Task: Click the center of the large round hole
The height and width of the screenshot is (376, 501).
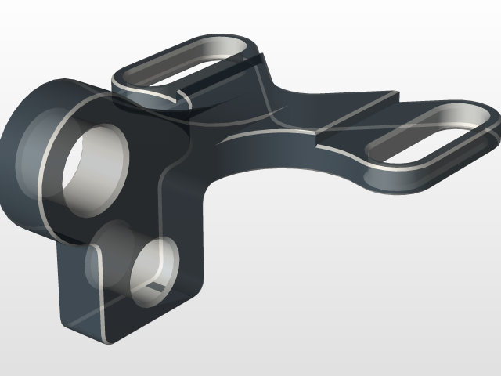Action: [x=94, y=168]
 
